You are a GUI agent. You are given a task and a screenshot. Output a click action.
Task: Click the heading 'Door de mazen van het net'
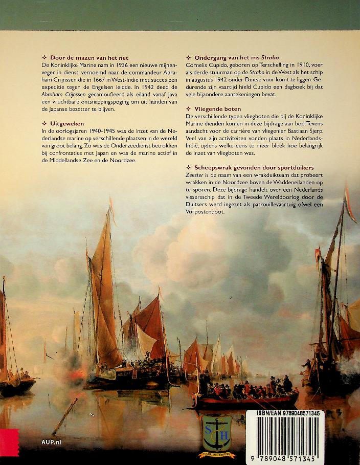[x=87, y=58]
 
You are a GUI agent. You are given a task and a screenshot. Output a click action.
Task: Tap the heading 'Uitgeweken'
[x=67, y=123]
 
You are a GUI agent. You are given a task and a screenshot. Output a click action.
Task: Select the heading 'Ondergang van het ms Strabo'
[x=236, y=58]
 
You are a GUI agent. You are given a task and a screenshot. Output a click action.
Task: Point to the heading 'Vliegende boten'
[x=220, y=109]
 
